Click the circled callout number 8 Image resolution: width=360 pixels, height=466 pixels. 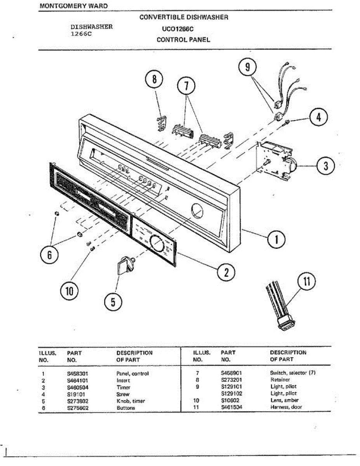click(154, 80)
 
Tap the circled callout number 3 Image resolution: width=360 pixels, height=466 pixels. click(325, 166)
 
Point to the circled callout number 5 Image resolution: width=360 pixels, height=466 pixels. click(113, 302)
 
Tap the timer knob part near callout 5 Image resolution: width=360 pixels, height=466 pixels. click(125, 265)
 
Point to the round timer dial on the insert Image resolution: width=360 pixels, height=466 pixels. click(157, 243)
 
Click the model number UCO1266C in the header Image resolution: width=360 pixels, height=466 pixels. click(178, 29)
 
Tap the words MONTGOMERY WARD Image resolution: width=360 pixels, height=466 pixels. click(74, 6)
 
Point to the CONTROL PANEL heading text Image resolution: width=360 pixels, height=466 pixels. click(183, 40)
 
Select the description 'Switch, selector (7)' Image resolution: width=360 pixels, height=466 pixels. click(293, 373)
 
